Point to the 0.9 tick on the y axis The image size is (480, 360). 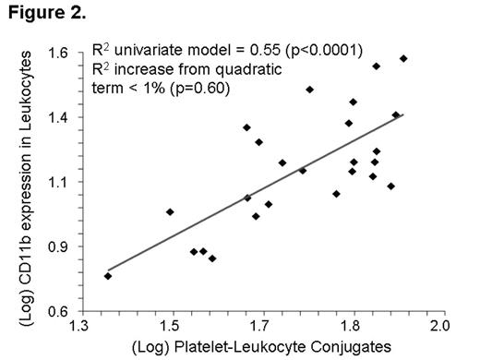61,246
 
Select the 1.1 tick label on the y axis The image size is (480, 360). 61,182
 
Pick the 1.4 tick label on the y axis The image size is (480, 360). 61,117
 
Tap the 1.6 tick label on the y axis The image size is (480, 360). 61,53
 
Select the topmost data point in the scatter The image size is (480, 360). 403,59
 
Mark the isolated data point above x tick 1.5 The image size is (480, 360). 170,212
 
